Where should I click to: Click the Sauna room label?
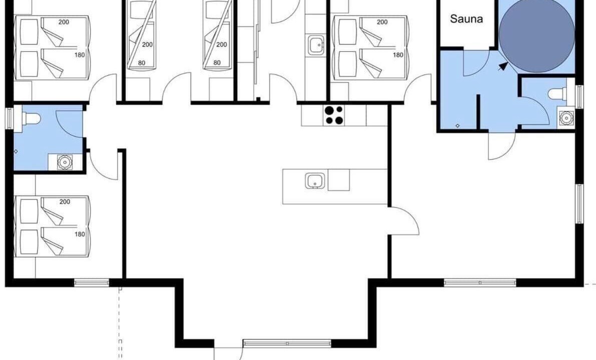(x=466, y=19)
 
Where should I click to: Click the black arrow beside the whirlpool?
(x=503, y=66)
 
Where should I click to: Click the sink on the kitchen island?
(x=315, y=180)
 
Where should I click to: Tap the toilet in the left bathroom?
(x=31, y=118)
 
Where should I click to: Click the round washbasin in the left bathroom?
(x=65, y=162)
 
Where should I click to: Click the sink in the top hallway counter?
(x=316, y=45)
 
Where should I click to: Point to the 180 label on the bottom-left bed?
(x=80, y=234)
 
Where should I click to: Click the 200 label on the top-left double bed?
(x=64, y=22)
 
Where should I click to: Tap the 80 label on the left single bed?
(x=142, y=62)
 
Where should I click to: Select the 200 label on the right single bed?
(x=222, y=44)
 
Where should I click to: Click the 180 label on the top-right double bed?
(x=398, y=54)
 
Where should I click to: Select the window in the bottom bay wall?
(x=287, y=343)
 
